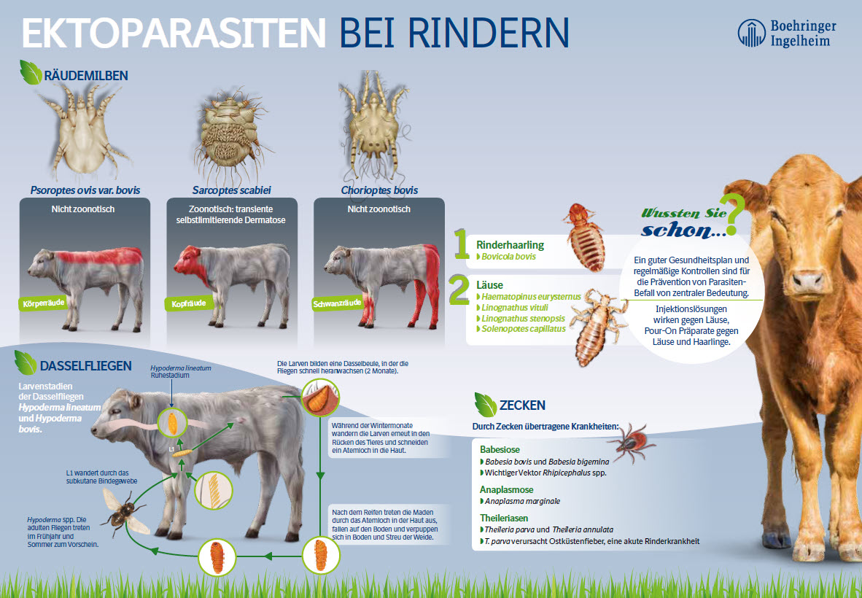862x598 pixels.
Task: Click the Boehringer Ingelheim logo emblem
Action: coord(751,33)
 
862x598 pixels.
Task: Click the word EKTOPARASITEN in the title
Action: coord(174,33)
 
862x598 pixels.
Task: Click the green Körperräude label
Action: coord(43,303)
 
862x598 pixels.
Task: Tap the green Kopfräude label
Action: coord(188,303)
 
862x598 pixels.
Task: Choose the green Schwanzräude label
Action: coord(337,303)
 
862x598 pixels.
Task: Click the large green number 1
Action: coord(461,244)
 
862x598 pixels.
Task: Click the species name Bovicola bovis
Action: coord(508,257)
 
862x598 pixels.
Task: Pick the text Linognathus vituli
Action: coord(515,308)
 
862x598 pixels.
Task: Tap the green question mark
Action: coord(734,214)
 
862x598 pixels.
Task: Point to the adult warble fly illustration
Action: coord(125,513)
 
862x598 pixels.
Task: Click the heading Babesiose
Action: coord(500,450)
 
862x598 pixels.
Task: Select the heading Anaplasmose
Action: coord(506,490)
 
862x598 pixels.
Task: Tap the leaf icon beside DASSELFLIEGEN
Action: coord(26,363)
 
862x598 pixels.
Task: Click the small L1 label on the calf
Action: coord(172,450)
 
